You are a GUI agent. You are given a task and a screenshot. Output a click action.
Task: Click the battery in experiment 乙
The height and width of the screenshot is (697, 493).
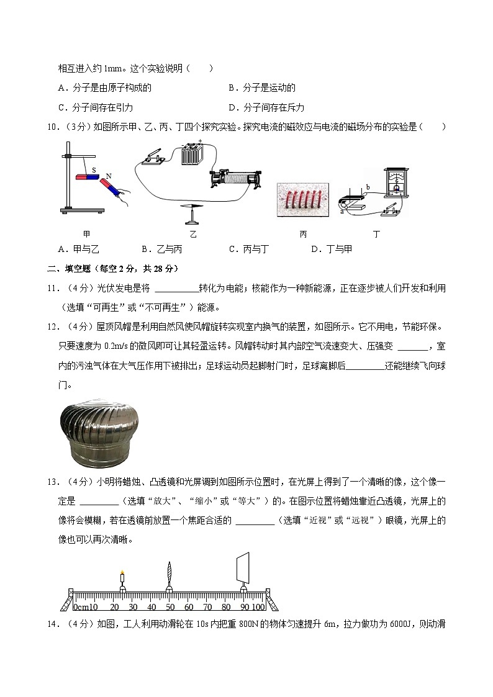click(191, 154)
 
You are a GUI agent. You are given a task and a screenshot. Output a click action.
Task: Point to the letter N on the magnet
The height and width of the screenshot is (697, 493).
click(108, 176)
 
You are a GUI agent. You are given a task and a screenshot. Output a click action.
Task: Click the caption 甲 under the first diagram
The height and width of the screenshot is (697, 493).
click(86, 234)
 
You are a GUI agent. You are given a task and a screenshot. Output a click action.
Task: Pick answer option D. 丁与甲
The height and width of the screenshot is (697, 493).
click(331, 249)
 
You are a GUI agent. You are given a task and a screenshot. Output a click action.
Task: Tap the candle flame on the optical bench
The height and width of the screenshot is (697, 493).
click(122, 573)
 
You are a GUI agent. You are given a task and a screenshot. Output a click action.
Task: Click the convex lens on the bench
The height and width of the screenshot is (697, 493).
click(169, 573)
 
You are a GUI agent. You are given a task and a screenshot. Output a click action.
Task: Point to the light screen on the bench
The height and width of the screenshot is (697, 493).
click(243, 567)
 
